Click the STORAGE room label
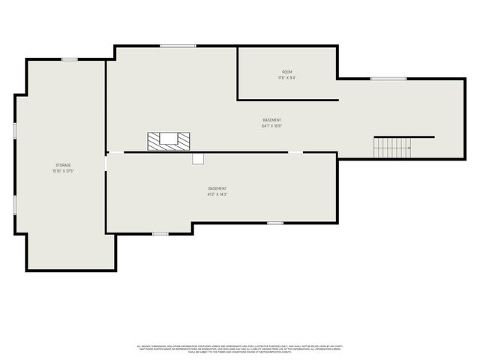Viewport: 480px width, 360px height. (63, 165)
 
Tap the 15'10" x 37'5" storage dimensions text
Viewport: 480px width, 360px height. (63, 171)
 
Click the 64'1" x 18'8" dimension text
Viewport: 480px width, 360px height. (271, 126)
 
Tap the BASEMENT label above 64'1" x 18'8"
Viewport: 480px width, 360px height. (271, 120)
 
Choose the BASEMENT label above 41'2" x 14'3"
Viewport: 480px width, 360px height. (217, 188)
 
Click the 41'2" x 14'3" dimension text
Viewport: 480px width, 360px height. (217, 194)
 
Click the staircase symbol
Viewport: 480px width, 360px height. (392, 148)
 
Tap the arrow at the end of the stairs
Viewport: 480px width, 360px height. (409, 148)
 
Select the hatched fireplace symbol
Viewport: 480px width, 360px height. (169, 139)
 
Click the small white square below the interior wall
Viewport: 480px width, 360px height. (198, 158)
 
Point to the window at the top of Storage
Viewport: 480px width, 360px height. (69, 59)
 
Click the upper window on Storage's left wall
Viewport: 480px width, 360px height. (15, 130)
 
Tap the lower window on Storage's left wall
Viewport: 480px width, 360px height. (15, 205)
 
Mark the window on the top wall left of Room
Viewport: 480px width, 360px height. (178, 46)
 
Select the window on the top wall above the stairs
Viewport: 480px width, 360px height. (388, 79)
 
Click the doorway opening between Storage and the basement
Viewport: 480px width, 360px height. (106, 161)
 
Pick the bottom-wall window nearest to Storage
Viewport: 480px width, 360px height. (160, 234)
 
